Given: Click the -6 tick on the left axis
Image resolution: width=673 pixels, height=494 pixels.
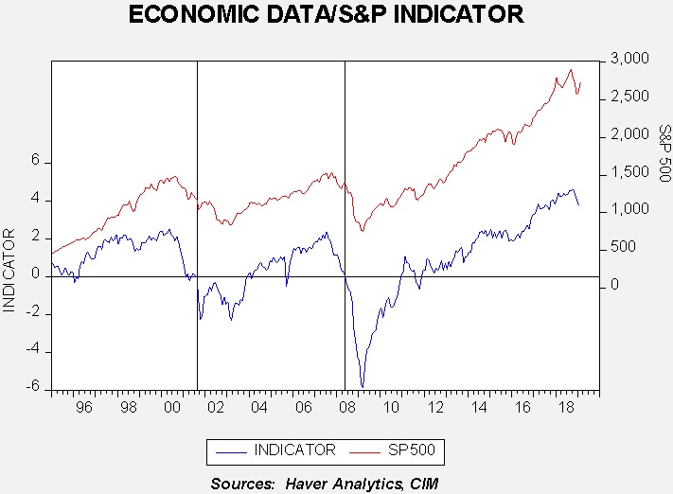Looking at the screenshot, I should point(33,387).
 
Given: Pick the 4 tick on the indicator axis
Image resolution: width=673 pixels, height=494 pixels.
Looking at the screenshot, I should point(36,200).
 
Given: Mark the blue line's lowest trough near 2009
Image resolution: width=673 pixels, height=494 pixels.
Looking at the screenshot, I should point(362,386).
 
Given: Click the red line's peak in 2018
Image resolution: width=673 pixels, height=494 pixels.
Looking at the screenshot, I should point(570,69).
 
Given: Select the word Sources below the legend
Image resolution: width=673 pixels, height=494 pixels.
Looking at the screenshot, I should point(244,484).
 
